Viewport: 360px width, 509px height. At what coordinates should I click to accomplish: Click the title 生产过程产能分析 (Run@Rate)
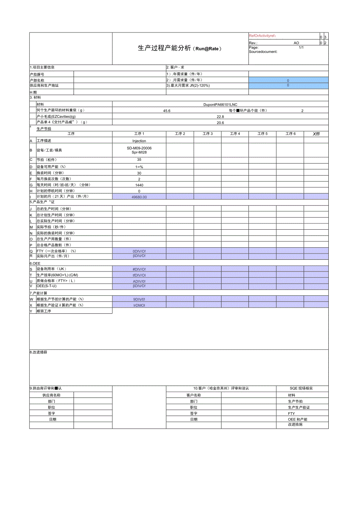click(x=180, y=49)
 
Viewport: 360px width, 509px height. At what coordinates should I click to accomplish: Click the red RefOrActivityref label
click(x=263, y=36)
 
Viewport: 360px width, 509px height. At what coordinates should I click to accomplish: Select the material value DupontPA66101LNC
click(x=220, y=104)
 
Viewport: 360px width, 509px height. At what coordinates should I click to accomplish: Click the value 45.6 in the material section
click(x=167, y=111)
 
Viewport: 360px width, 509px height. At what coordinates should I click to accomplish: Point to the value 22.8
click(x=220, y=117)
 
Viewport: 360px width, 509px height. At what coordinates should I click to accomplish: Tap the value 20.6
click(x=220, y=122)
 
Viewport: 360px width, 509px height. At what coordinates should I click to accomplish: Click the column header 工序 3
click(x=207, y=134)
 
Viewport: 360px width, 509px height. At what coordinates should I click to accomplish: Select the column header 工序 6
click(x=290, y=134)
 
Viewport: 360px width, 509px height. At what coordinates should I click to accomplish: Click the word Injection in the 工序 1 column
click(x=139, y=141)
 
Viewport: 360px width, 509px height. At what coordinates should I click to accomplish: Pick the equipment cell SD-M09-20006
click(x=139, y=148)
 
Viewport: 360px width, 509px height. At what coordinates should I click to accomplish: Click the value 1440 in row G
click(x=139, y=185)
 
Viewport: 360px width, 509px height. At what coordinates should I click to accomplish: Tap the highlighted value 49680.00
click(x=139, y=197)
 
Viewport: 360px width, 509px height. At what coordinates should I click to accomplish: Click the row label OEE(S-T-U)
click(x=47, y=286)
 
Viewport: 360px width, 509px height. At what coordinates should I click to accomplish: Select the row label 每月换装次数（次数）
click(x=55, y=179)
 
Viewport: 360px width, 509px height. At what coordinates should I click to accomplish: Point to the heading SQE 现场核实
click(x=301, y=388)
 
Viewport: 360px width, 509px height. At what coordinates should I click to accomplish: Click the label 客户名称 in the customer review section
click(x=194, y=395)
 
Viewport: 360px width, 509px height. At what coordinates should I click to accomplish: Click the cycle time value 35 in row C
click(x=139, y=160)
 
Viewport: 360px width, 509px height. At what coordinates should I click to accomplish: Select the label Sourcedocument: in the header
click(x=263, y=51)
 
